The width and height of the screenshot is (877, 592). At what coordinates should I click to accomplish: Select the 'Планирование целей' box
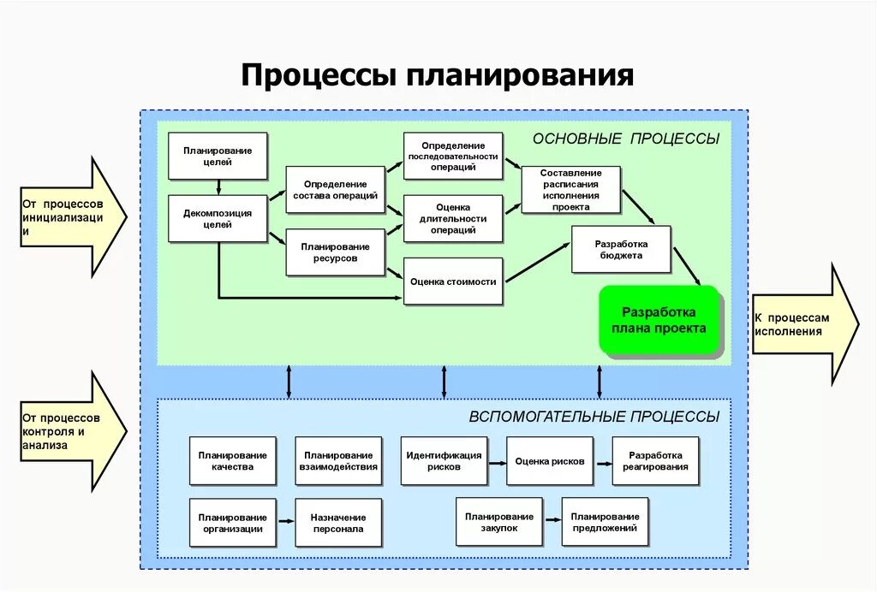tap(218, 156)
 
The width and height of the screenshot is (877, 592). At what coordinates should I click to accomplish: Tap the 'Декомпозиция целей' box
tap(218, 219)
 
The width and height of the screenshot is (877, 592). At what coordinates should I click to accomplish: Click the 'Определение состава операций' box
tap(335, 190)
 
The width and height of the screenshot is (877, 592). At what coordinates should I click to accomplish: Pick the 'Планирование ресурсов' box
tap(335, 252)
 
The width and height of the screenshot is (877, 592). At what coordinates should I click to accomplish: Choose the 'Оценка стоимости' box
tap(453, 281)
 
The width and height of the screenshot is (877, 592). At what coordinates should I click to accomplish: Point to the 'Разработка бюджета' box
tap(621, 249)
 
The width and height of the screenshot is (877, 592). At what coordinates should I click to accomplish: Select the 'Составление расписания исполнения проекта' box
tap(570, 190)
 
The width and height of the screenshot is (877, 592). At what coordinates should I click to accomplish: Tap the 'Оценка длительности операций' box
tap(453, 219)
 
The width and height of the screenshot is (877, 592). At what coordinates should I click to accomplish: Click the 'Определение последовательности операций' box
tap(453, 157)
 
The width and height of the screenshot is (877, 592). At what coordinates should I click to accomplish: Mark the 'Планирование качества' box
tap(232, 461)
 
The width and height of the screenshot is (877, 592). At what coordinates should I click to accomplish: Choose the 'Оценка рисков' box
tap(549, 461)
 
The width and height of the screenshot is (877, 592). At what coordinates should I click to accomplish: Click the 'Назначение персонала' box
tap(338, 523)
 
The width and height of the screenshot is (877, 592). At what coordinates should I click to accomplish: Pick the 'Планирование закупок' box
tap(499, 522)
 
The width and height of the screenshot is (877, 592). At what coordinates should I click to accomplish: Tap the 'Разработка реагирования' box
tap(655, 461)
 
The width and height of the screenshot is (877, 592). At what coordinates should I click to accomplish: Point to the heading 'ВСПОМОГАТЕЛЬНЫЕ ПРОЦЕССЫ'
tap(594, 417)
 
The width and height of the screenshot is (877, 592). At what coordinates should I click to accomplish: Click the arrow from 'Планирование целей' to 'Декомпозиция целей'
tap(219, 187)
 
